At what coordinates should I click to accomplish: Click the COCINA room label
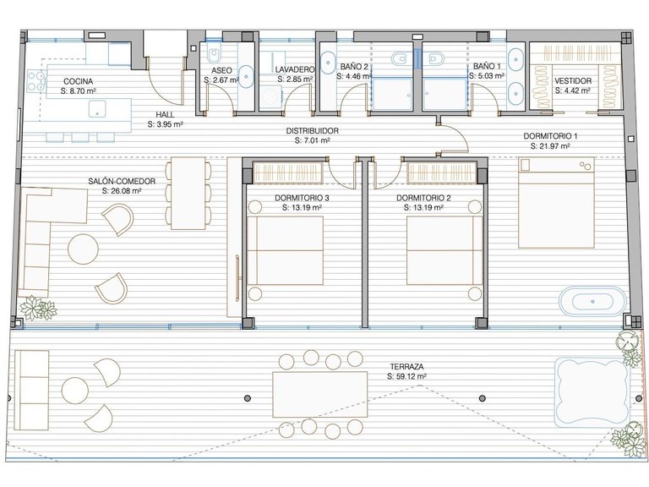(78, 81)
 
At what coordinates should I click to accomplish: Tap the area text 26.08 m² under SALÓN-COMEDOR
(122, 191)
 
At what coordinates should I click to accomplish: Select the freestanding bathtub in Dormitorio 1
(592, 301)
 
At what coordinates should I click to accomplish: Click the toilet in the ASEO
(215, 56)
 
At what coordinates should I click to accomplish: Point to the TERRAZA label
(406, 366)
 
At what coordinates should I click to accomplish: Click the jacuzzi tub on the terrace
(589, 392)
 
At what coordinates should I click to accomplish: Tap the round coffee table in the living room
(83, 249)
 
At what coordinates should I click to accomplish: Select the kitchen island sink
(97, 109)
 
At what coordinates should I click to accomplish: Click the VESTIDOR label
(573, 81)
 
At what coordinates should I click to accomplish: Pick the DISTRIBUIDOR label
(313, 131)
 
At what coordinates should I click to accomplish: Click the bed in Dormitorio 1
(556, 203)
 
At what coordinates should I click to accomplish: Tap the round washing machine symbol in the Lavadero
(270, 96)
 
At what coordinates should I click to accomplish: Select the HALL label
(165, 114)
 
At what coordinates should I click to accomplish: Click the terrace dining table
(320, 394)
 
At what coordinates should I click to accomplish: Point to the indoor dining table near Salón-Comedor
(188, 193)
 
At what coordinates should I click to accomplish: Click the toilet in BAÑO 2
(400, 58)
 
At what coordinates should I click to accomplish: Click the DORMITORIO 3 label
(302, 198)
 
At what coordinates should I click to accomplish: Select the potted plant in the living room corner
(38, 308)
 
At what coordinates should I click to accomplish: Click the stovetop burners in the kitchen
(35, 81)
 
